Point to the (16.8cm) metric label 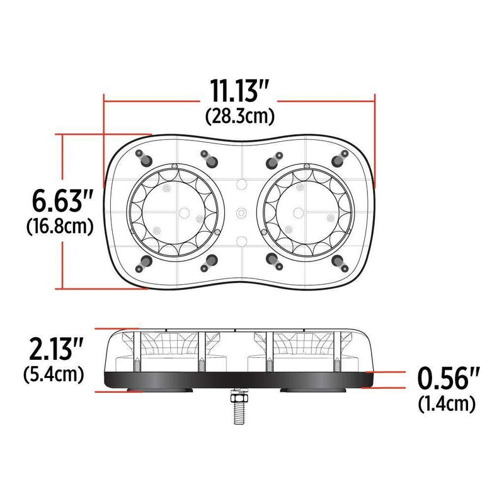[60, 226]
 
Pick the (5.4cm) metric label [54, 375]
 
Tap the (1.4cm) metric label [447, 403]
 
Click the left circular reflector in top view [174, 210]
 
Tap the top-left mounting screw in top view [142, 156]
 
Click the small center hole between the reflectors [240, 213]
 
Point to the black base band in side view [239, 379]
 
